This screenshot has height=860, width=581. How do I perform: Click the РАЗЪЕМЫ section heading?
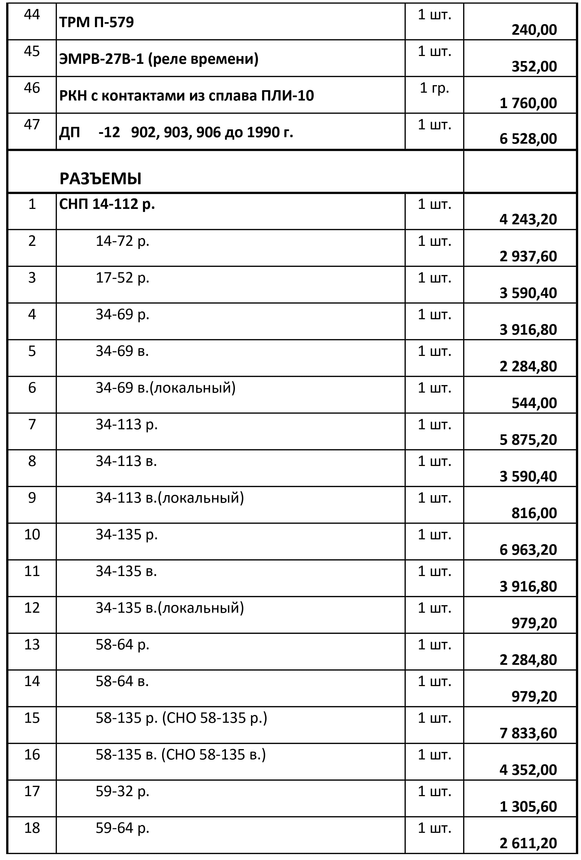click(100, 179)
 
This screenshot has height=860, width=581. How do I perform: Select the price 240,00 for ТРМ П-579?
click(534, 30)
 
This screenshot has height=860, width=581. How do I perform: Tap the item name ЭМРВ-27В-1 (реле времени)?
click(159, 59)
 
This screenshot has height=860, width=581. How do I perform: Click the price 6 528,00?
click(528, 139)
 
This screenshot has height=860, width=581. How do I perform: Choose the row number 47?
click(32, 124)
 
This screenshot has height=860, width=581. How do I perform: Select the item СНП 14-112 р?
click(107, 204)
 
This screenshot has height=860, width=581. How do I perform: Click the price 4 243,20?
click(528, 219)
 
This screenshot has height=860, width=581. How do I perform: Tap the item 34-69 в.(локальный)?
click(165, 388)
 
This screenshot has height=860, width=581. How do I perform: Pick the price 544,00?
click(534, 403)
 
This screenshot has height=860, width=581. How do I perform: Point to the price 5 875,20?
click(528, 439)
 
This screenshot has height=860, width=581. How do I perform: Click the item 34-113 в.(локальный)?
click(169, 497)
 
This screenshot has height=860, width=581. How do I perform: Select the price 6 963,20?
click(528, 549)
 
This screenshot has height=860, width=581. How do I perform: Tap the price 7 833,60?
click(528, 733)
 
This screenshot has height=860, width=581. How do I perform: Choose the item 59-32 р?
click(122, 791)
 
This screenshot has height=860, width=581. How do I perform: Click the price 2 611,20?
click(528, 843)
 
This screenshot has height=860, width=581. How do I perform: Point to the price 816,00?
click(534, 513)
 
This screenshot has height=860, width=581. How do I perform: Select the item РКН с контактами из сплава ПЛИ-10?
click(186, 95)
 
